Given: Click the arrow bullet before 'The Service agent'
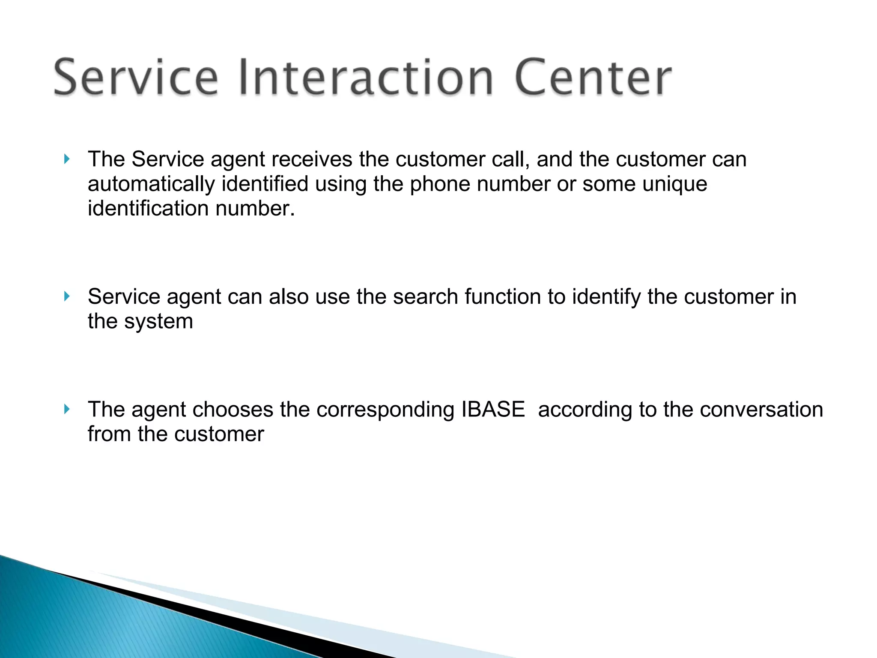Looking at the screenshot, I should point(66,159).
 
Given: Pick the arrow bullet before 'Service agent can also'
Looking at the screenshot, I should point(66,296).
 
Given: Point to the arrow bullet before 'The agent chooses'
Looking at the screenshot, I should point(66,409).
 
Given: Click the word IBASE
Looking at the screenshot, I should point(493,409).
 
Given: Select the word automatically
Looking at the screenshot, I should point(151,184).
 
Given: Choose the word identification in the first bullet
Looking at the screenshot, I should point(148,209).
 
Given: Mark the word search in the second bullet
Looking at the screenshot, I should point(426,296).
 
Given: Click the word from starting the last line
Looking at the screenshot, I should point(109,434).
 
